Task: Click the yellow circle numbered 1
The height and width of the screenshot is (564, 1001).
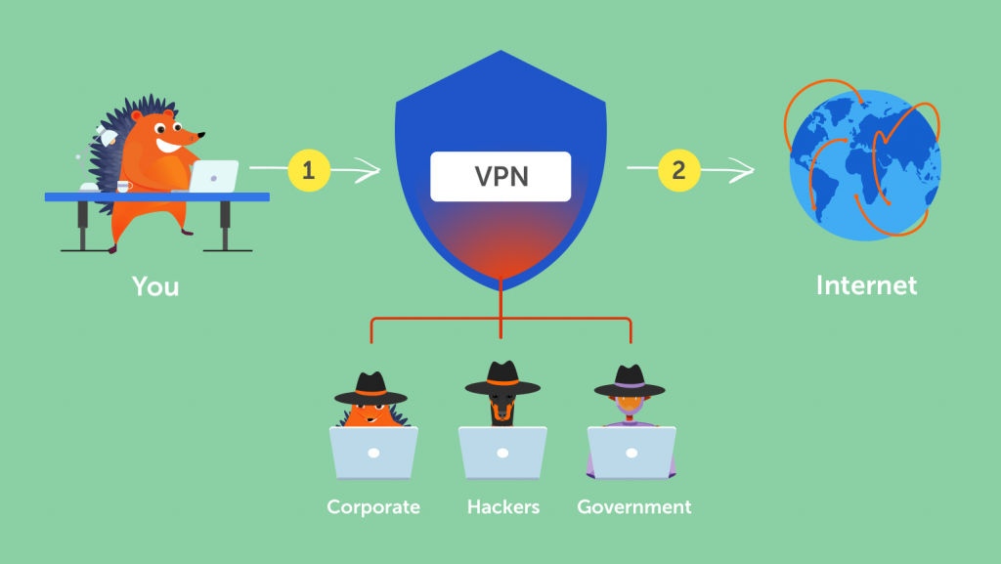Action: coord(309,171)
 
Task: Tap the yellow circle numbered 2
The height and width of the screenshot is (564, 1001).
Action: coord(678,170)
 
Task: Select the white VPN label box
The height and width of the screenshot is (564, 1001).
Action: coord(500,177)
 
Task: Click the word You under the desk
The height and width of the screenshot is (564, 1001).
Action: coord(156,287)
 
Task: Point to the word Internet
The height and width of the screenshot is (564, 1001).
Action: coord(866,285)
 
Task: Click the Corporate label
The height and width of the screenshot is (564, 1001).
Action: coord(373,507)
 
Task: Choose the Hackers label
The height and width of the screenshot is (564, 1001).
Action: coord(501,507)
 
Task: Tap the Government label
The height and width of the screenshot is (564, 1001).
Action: coord(633,507)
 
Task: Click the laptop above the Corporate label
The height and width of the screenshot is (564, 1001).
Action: coord(373,454)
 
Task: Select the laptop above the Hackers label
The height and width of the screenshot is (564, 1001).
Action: coord(502,454)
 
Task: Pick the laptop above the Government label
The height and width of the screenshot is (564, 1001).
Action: coord(631,454)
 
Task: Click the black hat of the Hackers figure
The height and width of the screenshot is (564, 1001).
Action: coord(502,379)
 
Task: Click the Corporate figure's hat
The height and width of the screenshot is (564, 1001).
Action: coord(370,388)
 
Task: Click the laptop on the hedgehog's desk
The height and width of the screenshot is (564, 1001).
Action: coord(212,176)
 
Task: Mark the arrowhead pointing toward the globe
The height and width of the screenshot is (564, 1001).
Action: coord(745,173)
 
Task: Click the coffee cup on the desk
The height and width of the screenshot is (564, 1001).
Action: coord(123,186)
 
